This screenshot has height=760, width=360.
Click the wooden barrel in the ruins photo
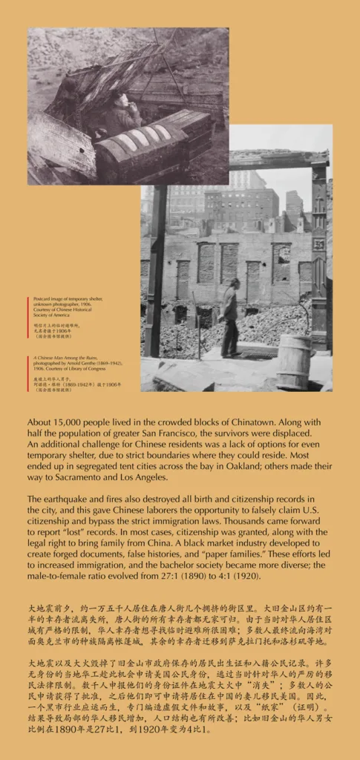[295, 361]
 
